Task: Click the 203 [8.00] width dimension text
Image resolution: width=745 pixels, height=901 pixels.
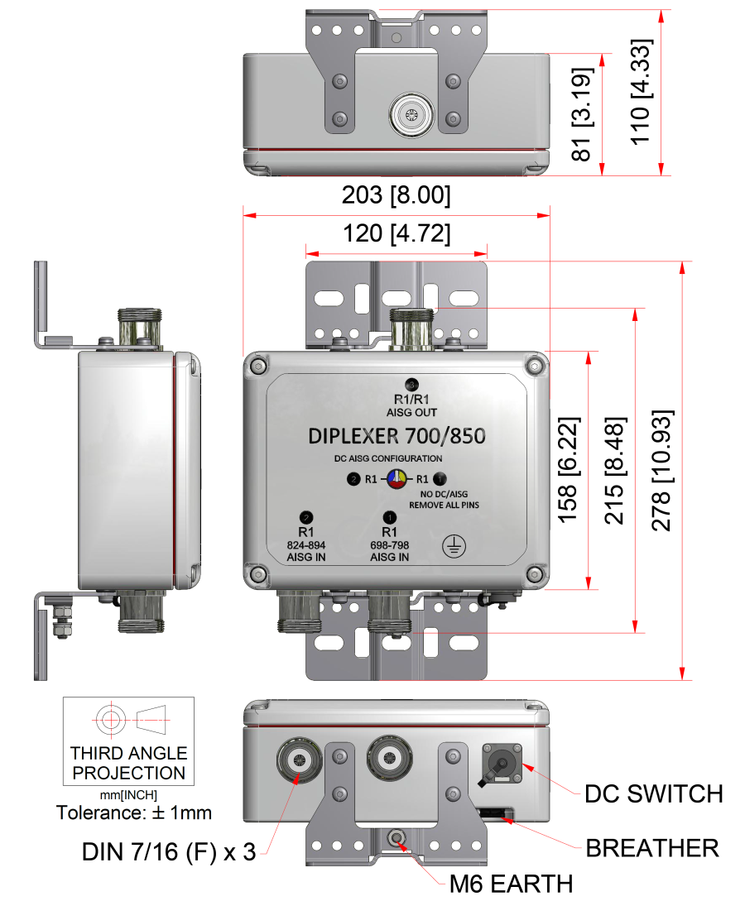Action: tap(396, 194)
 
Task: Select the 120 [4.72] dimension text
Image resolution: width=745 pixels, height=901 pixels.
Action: tap(397, 234)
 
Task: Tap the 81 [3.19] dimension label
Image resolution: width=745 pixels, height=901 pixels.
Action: tap(582, 114)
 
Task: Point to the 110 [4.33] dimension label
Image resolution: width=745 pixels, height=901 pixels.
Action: tap(641, 92)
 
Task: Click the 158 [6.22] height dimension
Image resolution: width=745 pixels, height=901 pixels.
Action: tap(568, 469)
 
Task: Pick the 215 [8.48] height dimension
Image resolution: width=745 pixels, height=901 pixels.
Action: tap(614, 470)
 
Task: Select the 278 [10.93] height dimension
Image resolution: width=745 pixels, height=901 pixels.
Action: tap(661, 470)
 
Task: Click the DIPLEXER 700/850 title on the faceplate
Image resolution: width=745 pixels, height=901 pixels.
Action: tap(397, 436)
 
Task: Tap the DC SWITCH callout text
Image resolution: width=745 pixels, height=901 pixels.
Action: tap(654, 793)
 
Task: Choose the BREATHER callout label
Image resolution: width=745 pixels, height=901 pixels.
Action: tap(652, 848)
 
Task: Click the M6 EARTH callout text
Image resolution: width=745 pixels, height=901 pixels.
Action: tap(511, 884)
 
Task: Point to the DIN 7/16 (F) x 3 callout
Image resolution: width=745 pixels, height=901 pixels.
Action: tap(169, 852)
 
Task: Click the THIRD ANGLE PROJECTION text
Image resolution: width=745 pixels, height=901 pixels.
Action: tap(129, 763)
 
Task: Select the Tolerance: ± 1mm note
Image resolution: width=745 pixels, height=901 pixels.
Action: tap(134, 812)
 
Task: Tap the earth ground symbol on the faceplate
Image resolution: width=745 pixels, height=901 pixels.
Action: tap(454, 546)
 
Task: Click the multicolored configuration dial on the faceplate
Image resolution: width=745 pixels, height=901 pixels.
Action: tap(397, 479)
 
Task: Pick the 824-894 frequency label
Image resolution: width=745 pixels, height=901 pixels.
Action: tap(305, 544)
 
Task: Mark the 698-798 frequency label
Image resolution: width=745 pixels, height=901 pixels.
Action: tap(389, 544)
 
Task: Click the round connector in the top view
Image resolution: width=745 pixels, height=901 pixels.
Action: tap(411, 115)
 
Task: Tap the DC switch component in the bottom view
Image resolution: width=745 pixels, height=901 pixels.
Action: tap(502, 764)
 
